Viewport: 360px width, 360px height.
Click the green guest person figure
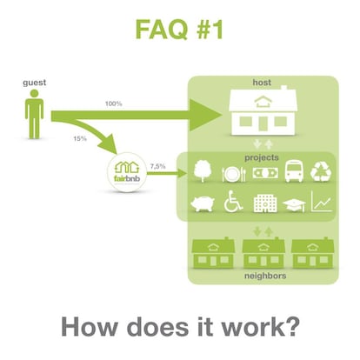[34, 114]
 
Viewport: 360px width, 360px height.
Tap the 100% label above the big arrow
[113, 103]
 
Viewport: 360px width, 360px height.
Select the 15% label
[80, 138]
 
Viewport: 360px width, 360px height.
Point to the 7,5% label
[157, 166]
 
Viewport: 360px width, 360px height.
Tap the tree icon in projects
[203, 171]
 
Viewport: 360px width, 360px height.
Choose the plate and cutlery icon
[234, 174]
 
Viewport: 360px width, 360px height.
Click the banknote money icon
[265, 173]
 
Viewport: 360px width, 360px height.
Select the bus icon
[294, 171]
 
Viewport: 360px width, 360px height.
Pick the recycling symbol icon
[321, 172]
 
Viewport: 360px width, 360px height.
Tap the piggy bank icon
[203, 203]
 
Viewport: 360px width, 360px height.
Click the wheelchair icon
[233, 202]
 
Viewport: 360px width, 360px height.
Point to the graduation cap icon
[294, 205]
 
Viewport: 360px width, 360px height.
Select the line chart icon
[322, 202]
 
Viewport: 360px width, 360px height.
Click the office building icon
[265, 203]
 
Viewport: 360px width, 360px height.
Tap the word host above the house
[262, 83]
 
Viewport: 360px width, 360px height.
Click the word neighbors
[265, 276]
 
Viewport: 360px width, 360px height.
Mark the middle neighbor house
[263, 253]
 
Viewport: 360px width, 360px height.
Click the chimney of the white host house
[284, 87]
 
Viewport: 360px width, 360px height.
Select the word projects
[262, 157]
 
